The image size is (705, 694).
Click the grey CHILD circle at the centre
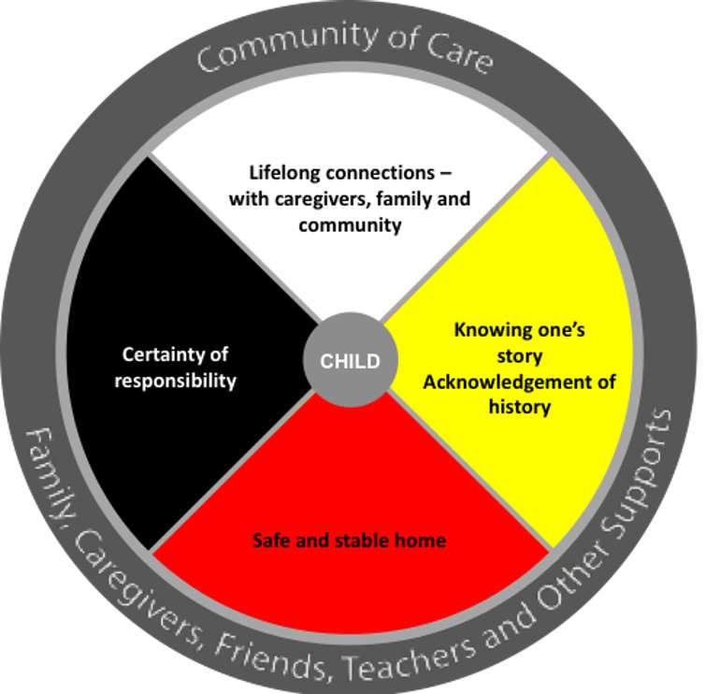(x=351, y=360)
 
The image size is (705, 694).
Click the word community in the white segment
(x=350, y=224)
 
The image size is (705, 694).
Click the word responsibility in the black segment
(x=176, y=381)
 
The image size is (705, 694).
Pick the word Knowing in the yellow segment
(x=488, y=330)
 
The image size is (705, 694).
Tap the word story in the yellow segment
(x=519, y=356)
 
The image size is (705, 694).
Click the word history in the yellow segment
(x=520, y=407)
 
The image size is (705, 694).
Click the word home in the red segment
(x=421, y=541)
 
